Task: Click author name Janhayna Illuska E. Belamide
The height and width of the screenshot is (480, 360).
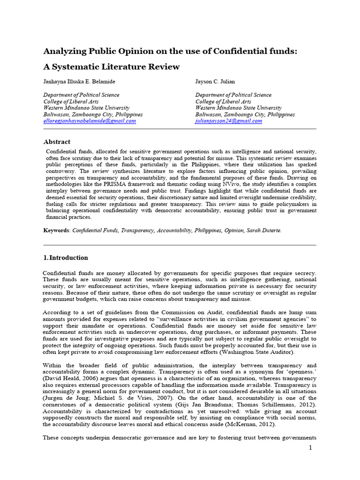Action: coord(79,82)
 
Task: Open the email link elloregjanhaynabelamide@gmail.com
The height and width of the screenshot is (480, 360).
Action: coord(90,121)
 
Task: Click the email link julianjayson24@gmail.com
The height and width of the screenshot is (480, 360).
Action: coord(229,121)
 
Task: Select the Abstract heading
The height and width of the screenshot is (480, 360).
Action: coord(57,142)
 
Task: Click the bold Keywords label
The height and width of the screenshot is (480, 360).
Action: coord(56,231)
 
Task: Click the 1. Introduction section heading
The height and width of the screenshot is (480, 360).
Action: coord(66,258)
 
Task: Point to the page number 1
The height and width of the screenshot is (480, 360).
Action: coord(310,449)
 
